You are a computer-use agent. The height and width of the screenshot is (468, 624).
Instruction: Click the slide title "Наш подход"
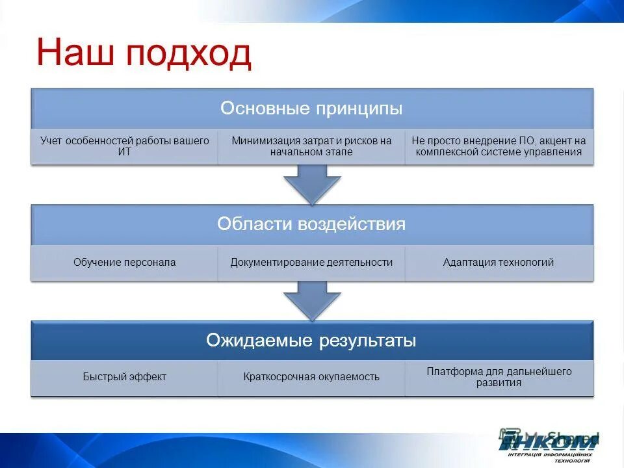[x=144, y=53]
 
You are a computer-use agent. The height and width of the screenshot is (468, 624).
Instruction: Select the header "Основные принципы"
[x=311, y=108]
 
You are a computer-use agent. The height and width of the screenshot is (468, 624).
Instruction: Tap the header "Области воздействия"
[x=311, y=224]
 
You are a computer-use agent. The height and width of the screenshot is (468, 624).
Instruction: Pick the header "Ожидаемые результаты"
[x=311, y=341]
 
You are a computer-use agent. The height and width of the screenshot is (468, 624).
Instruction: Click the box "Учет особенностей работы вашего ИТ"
[x=124, y=146]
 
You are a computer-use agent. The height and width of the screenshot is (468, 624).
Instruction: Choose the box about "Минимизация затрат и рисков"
[x=311, y=146]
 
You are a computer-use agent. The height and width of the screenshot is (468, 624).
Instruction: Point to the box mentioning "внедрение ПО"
[x=499, y=146]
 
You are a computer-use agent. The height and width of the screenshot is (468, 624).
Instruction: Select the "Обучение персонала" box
[x=124, y=263]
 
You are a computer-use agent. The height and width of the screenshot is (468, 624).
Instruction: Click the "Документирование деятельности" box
[x=311, y=263]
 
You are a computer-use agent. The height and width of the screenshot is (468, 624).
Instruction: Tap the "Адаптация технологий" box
[x=499, y=263]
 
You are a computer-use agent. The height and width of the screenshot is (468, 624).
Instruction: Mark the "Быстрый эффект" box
[x=124, y=377]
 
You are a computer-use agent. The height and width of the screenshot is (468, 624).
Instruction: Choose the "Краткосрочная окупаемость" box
[x=311, y=377]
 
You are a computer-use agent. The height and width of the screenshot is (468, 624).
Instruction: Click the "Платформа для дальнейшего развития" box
[x=499, y=377]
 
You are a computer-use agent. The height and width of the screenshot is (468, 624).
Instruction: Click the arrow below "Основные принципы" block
[x=312, y=183]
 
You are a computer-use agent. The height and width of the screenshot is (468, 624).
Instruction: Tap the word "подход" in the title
[x=188, y=53]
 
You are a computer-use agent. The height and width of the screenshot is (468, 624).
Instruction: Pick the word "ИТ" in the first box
[x=124, y=152]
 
